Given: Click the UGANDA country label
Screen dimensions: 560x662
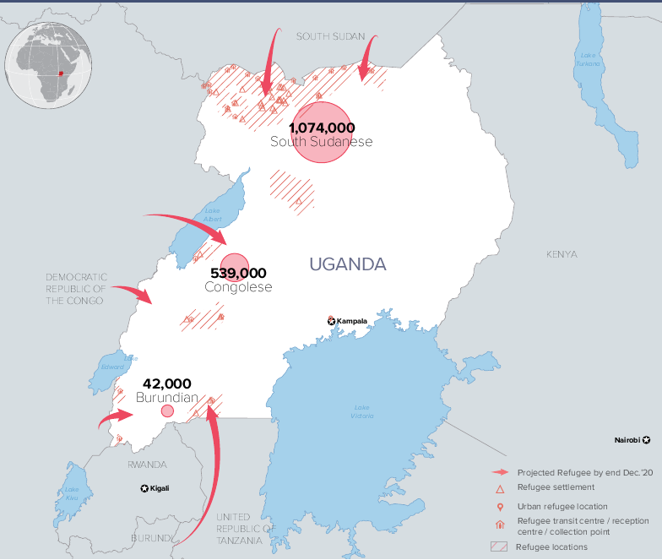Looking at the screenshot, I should [347, 264].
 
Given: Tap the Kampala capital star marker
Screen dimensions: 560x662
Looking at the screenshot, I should [332, 321].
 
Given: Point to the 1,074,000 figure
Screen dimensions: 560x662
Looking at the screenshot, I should [321, 128].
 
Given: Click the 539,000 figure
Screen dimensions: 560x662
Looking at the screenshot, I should [237, 273].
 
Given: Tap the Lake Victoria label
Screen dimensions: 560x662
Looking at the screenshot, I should [362, 411].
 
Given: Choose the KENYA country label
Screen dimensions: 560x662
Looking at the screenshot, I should [562, 254].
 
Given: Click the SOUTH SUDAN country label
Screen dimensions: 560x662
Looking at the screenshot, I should [330, 36].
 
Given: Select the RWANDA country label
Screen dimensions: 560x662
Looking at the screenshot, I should [147, 465].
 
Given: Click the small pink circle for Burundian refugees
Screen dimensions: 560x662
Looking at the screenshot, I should [167, 410].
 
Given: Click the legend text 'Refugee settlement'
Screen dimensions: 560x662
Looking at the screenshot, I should [556, 487].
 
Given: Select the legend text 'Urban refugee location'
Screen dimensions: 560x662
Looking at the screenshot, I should [562, 506].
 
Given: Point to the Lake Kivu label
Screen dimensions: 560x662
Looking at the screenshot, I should [72, 493].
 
